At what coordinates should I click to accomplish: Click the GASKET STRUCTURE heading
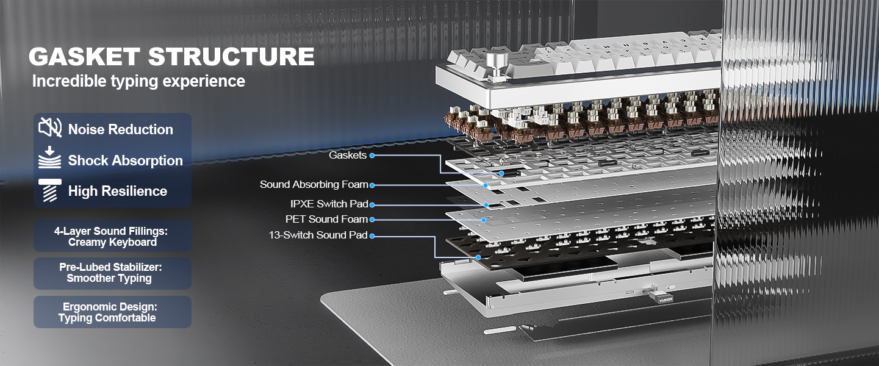click(x=171, y=57)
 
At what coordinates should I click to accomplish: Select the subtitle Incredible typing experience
click(x=138, y=81)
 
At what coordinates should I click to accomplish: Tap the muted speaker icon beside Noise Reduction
click(x=50, y=127)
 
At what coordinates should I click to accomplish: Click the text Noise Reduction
click(x=120, y=129)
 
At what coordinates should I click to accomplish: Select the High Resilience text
click(x=117, y=191)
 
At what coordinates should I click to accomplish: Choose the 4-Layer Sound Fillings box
click(x=112, y=237)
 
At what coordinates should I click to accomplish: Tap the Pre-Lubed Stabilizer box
click(x=112, y=273)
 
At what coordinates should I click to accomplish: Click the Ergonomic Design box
click(x=112, y=312)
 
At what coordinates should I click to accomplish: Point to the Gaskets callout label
click(x=348, y=155)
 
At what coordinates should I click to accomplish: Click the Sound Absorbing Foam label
click(x=314, y=184)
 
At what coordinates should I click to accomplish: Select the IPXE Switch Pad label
click(x=329, y=204)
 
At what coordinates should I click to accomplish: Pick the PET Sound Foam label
click(x=326, y=219)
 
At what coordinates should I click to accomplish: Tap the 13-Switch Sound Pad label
click(x=318, y=235)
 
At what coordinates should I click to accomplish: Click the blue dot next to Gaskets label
click(x=372, y=156)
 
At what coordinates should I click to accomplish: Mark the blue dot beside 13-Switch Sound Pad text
click(x=372, y=235)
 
